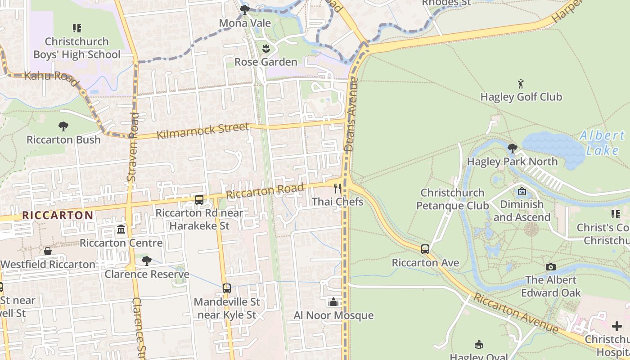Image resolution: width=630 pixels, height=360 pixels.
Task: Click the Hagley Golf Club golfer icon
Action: tap(521, 84)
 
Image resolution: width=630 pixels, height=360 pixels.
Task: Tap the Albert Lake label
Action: tap(602, 143)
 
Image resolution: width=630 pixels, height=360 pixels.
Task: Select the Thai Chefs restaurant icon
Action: tap(337, 189)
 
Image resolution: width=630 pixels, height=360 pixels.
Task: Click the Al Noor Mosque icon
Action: tap(333, 302)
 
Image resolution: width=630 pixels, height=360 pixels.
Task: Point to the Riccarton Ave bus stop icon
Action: tap(425, 249)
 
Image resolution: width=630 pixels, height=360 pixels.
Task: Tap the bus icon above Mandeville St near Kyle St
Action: tap(227, 288)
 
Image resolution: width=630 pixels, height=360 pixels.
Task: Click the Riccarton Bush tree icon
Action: tap(63, 126)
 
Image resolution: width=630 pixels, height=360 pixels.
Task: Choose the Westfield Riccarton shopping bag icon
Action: tap(48, 251)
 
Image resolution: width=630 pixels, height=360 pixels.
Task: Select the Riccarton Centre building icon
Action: tap(121, 230)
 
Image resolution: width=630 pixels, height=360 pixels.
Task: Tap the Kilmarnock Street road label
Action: tap(202, 131)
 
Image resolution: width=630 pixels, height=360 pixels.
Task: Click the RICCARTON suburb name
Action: tap(58, 215)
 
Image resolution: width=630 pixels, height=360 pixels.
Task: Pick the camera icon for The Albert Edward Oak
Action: tap(551, 267)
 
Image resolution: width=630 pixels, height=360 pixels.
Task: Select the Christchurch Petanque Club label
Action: tap(452, 199)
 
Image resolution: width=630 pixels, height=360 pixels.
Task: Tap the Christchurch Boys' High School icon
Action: tap(77, 28)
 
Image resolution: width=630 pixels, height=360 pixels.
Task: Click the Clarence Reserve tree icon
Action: tap(146, 261)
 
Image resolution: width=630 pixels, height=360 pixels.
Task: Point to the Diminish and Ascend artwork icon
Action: tap(522, 191)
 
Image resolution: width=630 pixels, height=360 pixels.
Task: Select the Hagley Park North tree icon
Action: tap(512, 148)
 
